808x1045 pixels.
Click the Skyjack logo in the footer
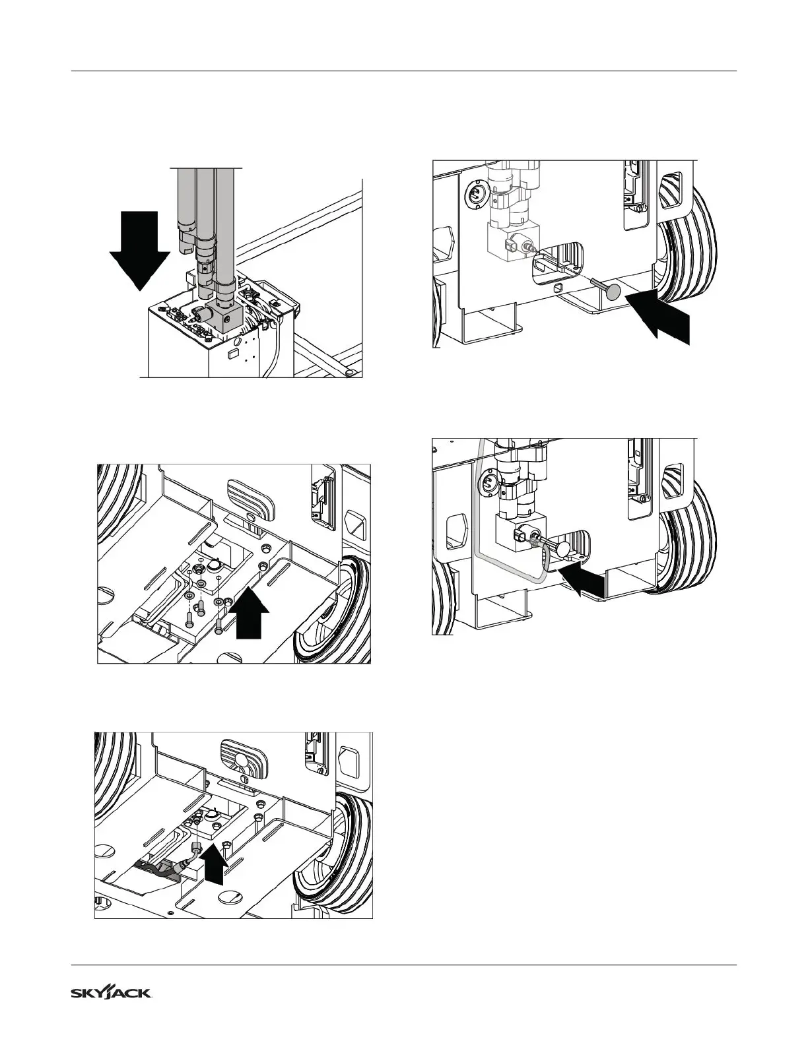point(112,993)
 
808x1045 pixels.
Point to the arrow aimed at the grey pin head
point(660,313)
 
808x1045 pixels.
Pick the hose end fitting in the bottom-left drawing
point(195,847)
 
